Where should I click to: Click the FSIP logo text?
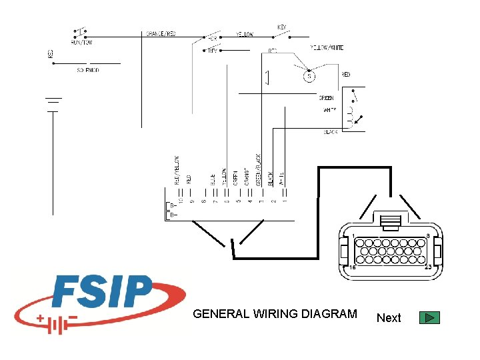tap(103, 293)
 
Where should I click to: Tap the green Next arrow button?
tap(430, 317)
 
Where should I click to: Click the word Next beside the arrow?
tap(389, 318)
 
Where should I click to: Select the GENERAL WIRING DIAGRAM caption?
tap(275, 314)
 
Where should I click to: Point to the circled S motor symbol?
tap(309, 76)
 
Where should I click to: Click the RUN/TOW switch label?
tap(82, 41)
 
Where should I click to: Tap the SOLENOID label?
tap(88, 70)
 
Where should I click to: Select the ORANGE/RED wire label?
tap(160, 34)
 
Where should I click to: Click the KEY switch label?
tap(283, 27)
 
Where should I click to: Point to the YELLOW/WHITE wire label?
tap(327, 47)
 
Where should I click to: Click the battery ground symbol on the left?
tap(53, 104)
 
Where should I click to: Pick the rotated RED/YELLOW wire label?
tap(177, 170)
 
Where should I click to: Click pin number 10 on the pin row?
tap(180, 201)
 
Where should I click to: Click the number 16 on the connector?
tap(353, 267)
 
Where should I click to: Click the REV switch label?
tap(213, 50)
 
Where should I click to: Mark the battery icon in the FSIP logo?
tap(59, 324)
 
